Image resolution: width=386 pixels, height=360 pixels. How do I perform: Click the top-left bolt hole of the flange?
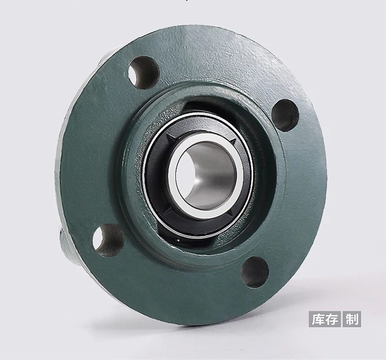coord(144,72)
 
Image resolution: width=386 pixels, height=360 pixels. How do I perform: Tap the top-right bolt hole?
coord(285,115)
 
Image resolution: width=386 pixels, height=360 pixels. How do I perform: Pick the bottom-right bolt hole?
coord(255,271)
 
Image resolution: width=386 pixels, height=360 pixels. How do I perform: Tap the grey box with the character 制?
coord(353,319)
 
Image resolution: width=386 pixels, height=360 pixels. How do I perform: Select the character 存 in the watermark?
coord(332,319)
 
